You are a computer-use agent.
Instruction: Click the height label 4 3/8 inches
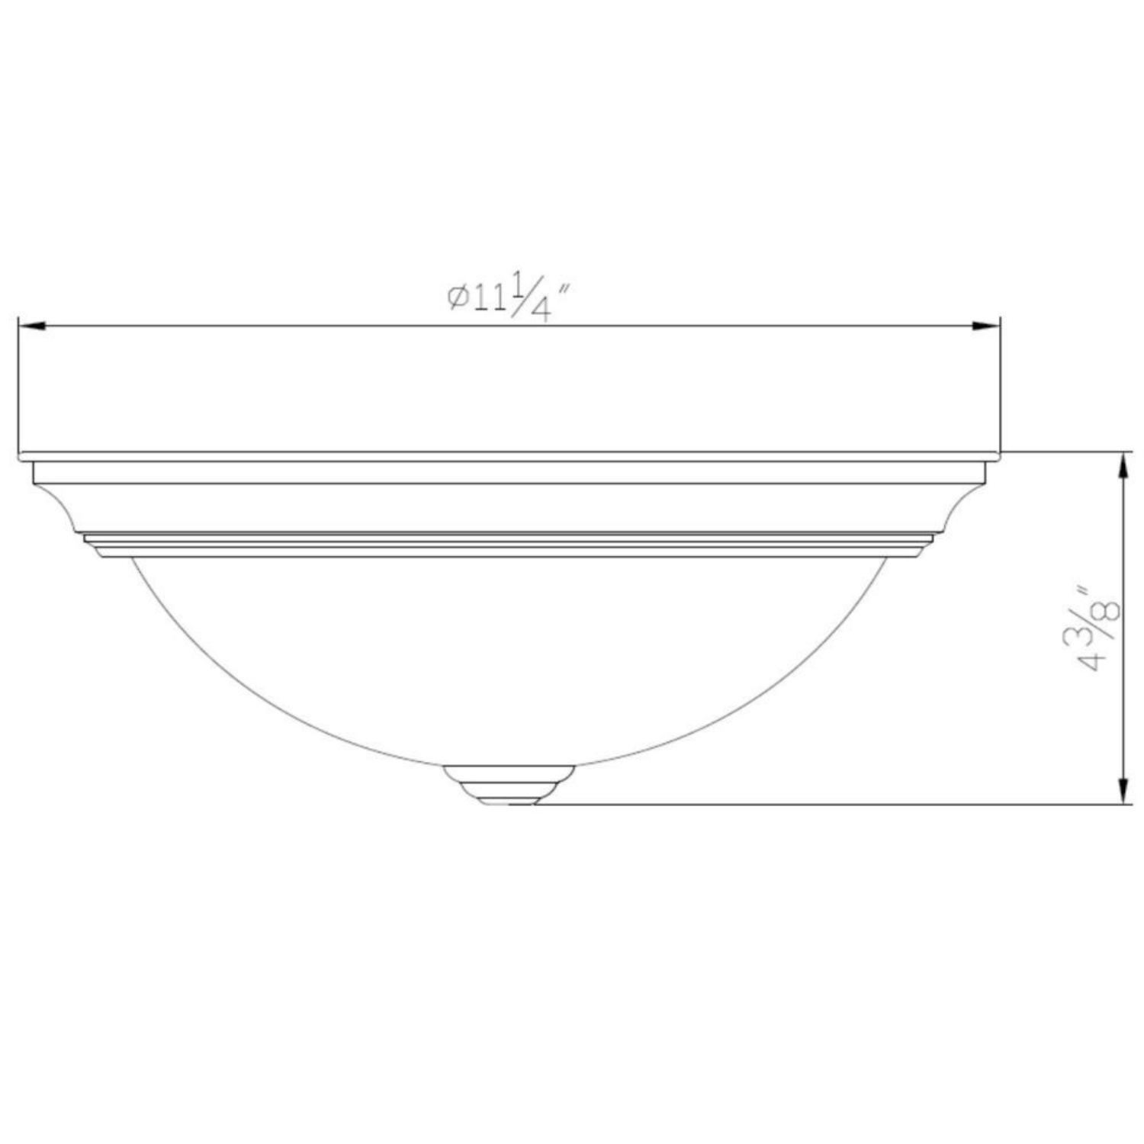pyautogui.click(x=1098, y=628)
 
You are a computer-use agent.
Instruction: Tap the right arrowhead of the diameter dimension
pyautogui.click(x=985, y=326)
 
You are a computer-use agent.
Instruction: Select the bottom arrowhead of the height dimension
pyautogui.click(x=1123, y=789)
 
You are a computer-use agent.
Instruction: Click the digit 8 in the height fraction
pyautogui.click(x=1110, y=611)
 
